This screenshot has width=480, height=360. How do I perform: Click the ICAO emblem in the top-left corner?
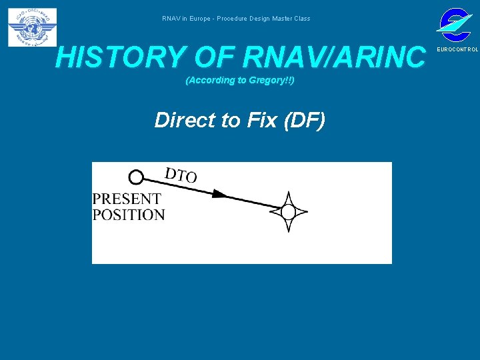(32, 27)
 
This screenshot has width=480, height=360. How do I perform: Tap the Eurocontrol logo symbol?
(454, 24)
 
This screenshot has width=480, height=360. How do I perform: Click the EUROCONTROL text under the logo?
(457, 50)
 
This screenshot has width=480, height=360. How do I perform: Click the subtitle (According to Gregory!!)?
(239, 81)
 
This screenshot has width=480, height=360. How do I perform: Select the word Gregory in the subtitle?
(269, 81)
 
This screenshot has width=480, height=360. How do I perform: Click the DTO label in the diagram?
(181, 175)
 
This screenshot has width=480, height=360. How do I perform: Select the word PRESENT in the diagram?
(126, 199)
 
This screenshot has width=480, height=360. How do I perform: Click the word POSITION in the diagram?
(128, 215)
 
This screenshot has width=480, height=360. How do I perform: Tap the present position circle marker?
(136, 177)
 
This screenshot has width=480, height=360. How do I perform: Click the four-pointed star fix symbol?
(288, 212)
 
